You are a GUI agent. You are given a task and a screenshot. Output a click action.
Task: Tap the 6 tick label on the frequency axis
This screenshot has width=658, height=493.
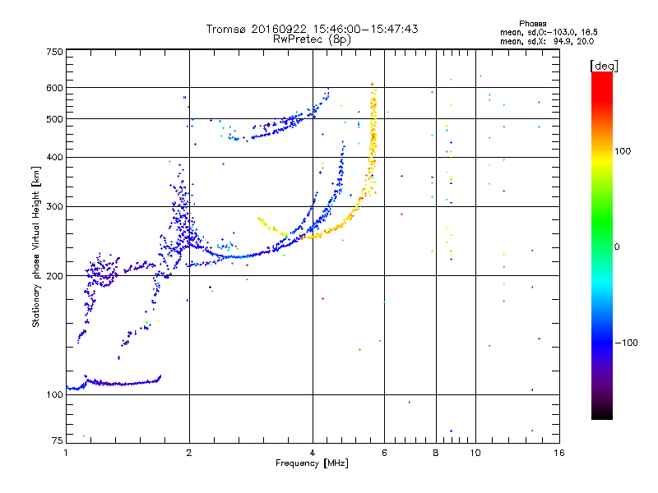pyautogui.click(x=384, y=453)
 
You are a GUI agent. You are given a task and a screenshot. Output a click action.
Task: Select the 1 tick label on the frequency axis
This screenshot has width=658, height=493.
pyautogui.click(x=66, y=453)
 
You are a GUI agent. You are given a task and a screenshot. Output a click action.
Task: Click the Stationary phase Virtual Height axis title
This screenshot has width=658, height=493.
pyautogui.click(x=36, y=246)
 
